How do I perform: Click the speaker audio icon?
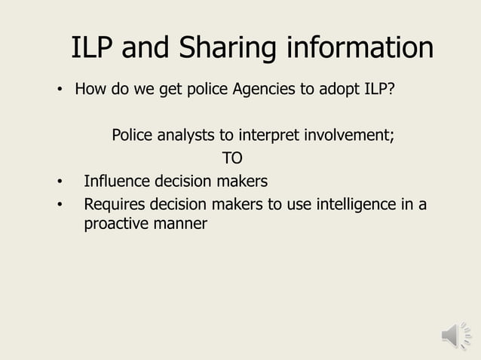455,335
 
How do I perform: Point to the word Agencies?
265,90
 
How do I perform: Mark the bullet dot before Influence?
58,182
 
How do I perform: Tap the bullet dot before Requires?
58,204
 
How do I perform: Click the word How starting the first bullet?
89,90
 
